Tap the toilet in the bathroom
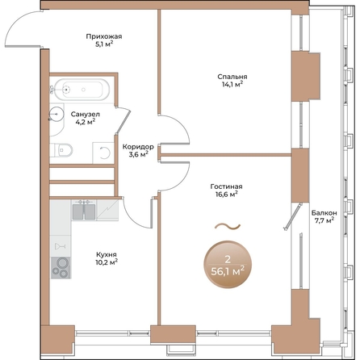[65, 149]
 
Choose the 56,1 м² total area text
[228, 271]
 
